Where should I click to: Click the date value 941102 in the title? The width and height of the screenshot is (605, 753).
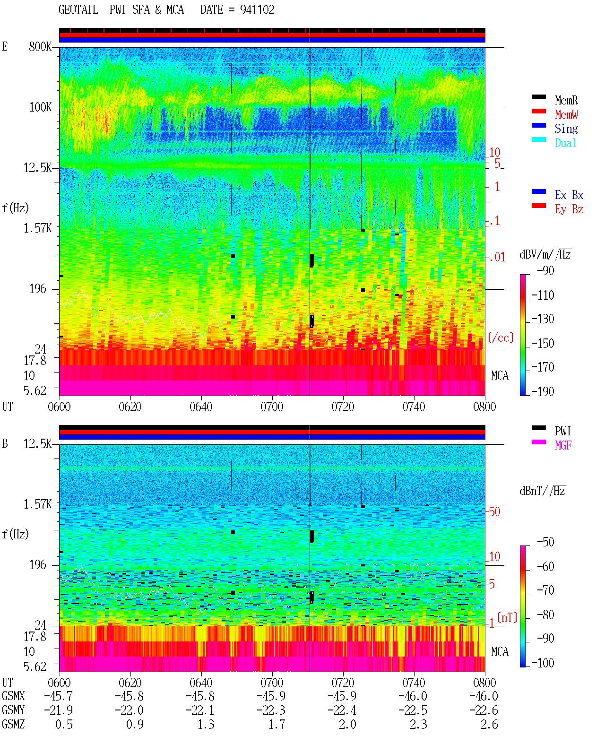pos(257,10)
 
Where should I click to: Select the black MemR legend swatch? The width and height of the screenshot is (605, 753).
pos(538,97)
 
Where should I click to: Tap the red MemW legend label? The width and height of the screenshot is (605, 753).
pos(566,114)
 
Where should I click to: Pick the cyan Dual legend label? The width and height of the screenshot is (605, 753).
pos(565,143)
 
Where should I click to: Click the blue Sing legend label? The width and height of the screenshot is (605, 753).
pos(566,129)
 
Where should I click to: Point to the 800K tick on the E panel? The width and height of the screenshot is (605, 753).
pos(40,46)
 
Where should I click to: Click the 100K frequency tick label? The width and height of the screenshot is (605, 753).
pos(40,107)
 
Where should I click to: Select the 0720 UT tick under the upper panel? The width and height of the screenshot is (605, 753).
pos(343,407)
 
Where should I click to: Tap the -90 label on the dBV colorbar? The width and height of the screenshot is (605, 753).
pos(545,271)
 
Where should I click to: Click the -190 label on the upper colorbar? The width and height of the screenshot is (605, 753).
pos(543,391)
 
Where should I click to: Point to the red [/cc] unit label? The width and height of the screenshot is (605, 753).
pos(501,338)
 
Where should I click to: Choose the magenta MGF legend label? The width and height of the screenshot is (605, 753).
pos(563,445)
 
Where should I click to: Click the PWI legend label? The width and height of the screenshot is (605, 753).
pos(563,431)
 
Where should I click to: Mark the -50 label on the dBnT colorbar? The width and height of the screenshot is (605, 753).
pos(545,542)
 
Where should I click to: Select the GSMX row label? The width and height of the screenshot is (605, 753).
pos(13,696)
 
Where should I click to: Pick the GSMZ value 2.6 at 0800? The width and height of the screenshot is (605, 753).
pos(489,724)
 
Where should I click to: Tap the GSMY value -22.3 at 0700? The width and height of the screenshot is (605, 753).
pos(271,710)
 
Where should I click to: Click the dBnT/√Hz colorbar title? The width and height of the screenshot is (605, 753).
pos(543,491)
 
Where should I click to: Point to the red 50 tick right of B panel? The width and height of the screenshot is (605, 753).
pos(494,512)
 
